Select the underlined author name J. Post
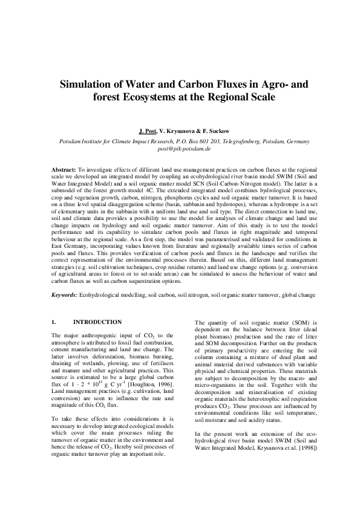pos(148,131)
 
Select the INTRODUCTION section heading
pos(97,322)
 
